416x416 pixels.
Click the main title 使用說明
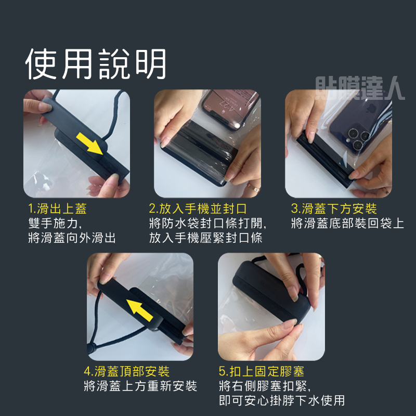point(96,64)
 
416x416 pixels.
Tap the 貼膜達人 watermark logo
point(360,88)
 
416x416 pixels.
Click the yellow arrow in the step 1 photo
point(89,144)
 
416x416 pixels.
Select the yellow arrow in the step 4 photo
point(139,310)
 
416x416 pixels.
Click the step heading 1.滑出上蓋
point(57,209)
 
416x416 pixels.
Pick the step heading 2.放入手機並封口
point(198,209)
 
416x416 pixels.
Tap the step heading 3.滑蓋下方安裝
point(334,209)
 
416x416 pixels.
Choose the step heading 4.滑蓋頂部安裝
point(126,371)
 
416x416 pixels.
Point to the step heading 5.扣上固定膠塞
point(262,371)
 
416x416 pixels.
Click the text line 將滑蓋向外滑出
point(72,238)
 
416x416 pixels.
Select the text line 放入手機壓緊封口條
point(205,238)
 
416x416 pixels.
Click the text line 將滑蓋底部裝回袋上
point(347,223)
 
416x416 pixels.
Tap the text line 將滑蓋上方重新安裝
point(140,386)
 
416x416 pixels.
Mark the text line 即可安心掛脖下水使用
point(282,400)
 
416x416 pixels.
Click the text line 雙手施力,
point(55,223)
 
